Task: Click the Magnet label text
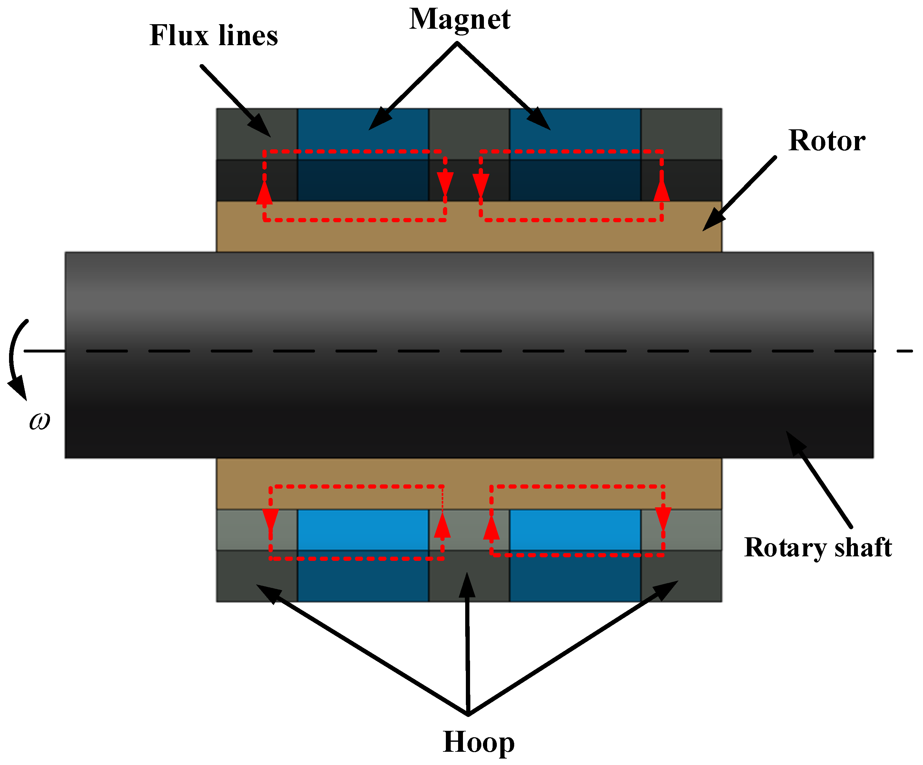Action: pos(460,20)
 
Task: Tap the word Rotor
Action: pos(826,141)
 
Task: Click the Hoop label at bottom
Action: pos(478,742)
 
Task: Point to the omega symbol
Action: pos(40,421)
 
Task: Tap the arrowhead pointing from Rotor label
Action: pos(711,222)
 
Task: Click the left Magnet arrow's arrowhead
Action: pos(378,121)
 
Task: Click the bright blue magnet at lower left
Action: pos(363,530)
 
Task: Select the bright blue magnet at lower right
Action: pos(575,530)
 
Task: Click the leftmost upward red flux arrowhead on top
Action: pos(264,194)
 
